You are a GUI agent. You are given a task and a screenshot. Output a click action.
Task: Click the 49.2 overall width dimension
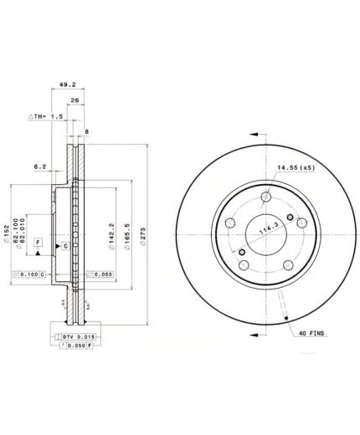tap(64, 84)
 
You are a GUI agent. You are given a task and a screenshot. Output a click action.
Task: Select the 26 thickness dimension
tap(75, 101)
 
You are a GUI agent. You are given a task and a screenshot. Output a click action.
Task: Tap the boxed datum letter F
tap(38, 242)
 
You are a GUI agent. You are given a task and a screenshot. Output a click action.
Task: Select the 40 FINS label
tap(311, 334)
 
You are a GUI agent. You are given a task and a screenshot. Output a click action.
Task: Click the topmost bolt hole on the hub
tap(266, 197)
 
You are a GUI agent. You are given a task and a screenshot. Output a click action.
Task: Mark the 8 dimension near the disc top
tap(85, 130)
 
